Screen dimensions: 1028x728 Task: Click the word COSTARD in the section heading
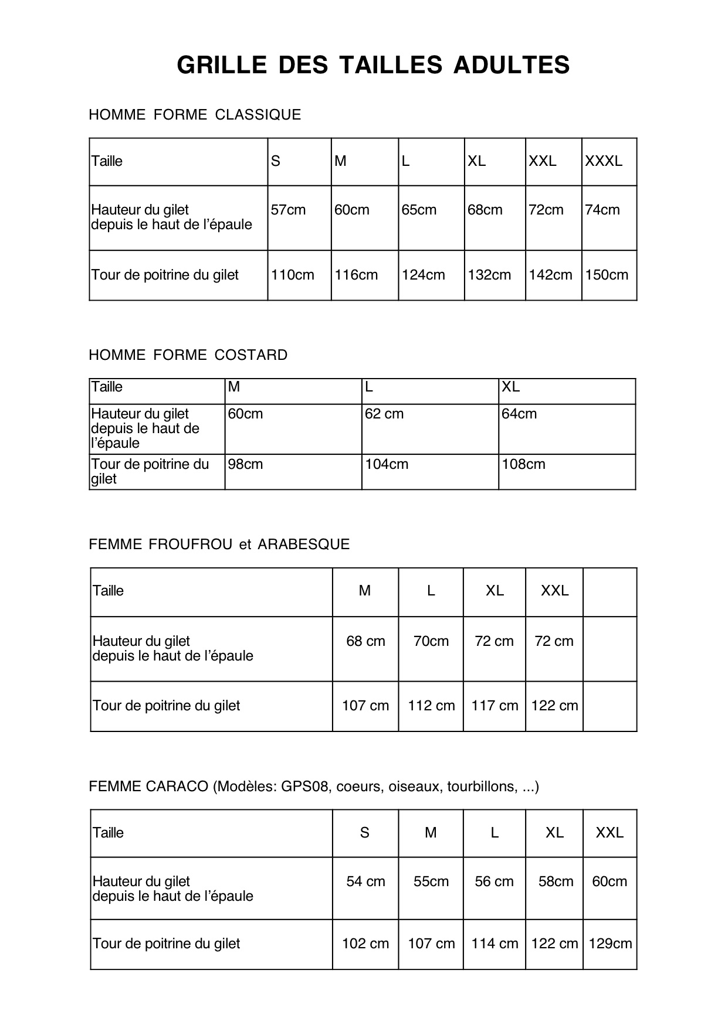pyautogui.click(x=251, y=355)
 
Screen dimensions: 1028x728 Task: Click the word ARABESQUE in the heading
pyautogui.click(x=304, y=544)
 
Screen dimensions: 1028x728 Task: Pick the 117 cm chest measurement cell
pyautogui.click(x=495, y=706)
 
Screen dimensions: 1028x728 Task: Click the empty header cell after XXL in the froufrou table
pyautogui.click(x=610, y=592)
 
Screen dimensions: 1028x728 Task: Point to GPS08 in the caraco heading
pyautogui.click(x=302, y=787)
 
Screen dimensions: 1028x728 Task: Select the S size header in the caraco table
pyautogui.click(x=365, y=833)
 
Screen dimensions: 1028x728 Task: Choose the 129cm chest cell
pyautogui.click(x=610, y=944)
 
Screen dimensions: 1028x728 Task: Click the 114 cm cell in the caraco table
pyautogui.click(x=495, y=944)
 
